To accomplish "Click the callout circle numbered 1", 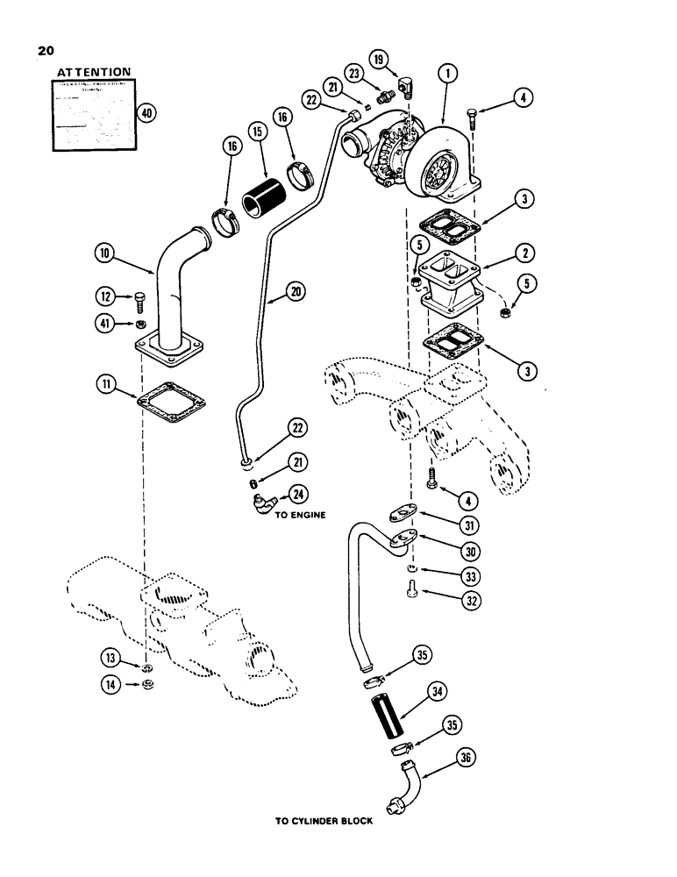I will coord(449,75).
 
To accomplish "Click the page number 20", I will coord(46,51).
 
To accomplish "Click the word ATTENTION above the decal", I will coord(94,72).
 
